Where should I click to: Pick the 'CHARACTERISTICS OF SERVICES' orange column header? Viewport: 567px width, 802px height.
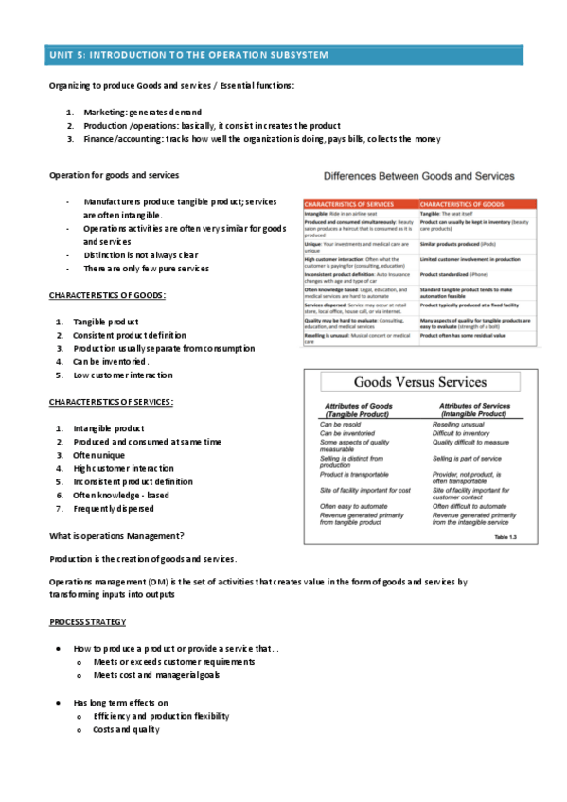[x=349, y=203]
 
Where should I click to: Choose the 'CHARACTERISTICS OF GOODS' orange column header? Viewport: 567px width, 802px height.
[x=461, y=203]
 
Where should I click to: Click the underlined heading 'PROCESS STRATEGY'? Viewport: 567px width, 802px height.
[x=87, y=623]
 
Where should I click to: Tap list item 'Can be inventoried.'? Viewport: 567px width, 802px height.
[x=111, y=362]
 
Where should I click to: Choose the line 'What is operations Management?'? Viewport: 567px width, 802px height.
[x=116, y=536]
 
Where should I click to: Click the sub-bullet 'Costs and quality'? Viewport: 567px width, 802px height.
[x=127, y=730]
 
